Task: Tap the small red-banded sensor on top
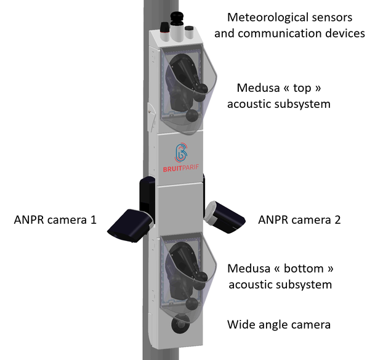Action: (164, 28)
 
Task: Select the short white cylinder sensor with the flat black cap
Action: (188, 29)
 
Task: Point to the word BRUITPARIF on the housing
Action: (180, 167)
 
